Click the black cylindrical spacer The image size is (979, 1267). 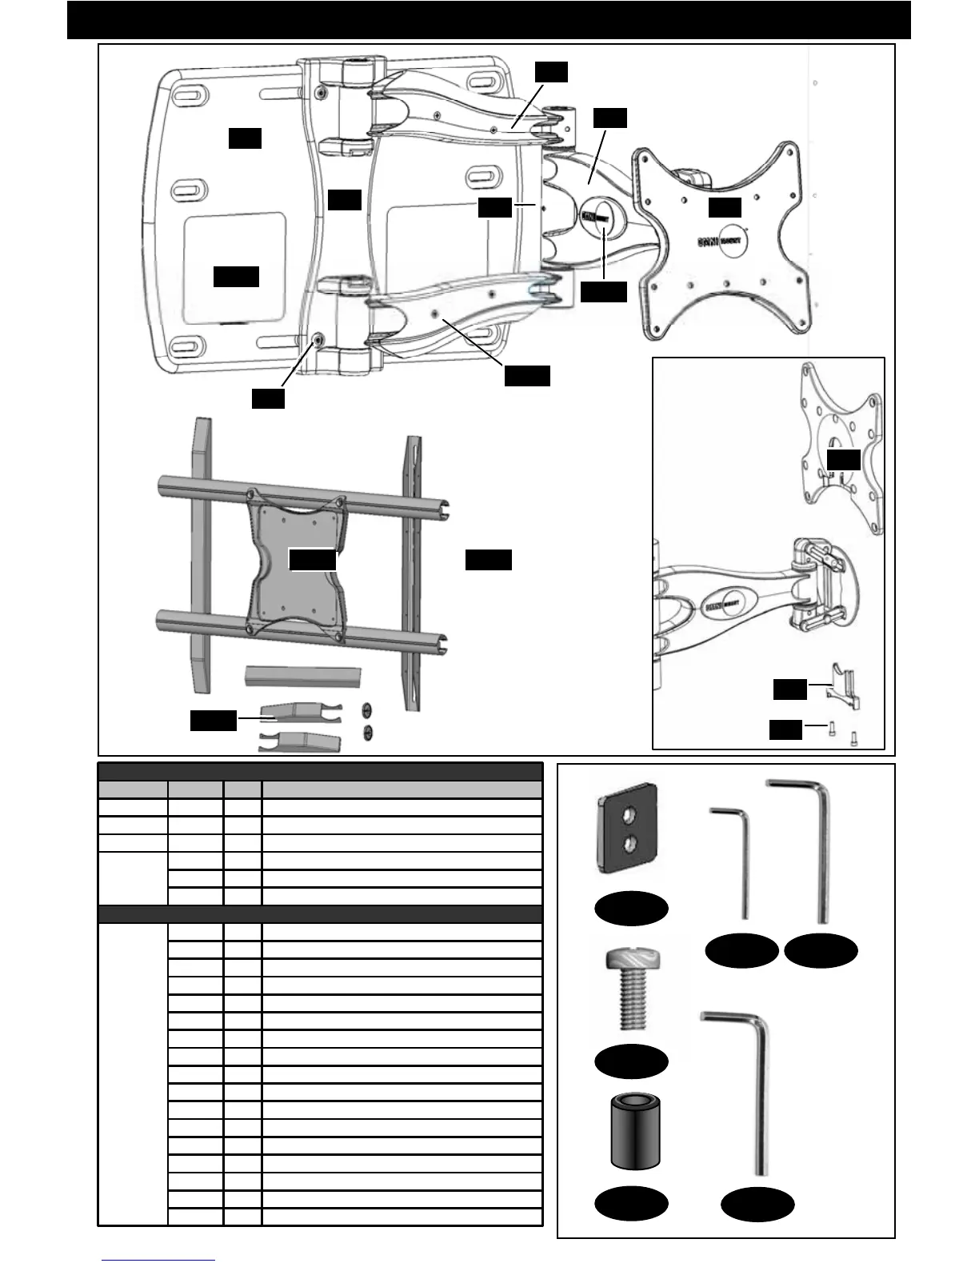tap(631, 1133)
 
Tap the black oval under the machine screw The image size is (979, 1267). tap(631, 1061)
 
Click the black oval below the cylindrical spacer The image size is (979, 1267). tap(631, 1204)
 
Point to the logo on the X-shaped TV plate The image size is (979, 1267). tap(721, 239)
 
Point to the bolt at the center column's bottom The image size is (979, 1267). tap(320, 340)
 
